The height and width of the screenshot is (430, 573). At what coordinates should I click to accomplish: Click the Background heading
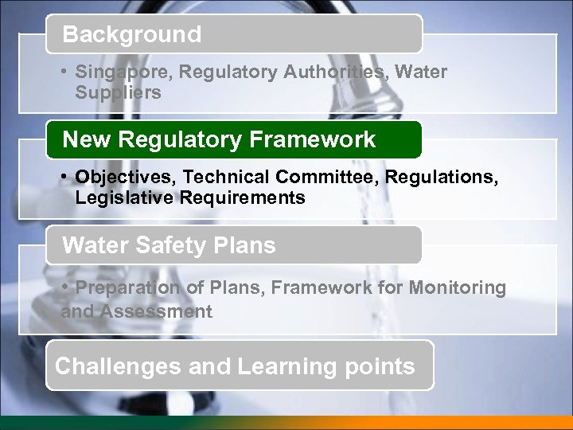pyautogui.click(x=132, y=35)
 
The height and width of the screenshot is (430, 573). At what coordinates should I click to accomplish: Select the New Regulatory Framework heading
pyautogui.click(x=219, y=140)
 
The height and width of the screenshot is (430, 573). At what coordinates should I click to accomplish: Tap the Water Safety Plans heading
pyautogui.click(x=169, y=245)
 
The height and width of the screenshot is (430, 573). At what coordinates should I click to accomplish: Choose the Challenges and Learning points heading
pyautogui.click(x=235, y=366)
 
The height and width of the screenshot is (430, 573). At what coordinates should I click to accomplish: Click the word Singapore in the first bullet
pyautogui.click(x=123, y=72)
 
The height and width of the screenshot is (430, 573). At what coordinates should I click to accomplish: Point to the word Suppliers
pyautogui.click(x=118, y=93)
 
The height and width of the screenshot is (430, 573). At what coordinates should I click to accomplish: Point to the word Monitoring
pyautogui.click(x=458, y=287)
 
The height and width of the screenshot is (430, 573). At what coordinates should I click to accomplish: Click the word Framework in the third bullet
pyautogui.click(x=311, y=287)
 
